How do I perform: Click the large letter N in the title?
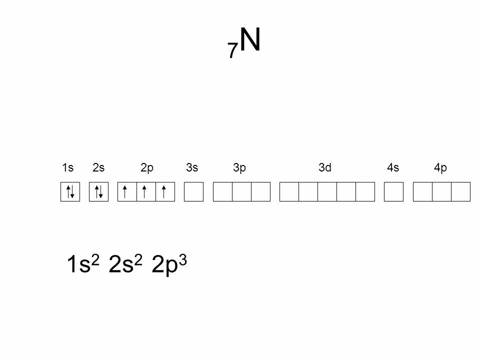(250, 40)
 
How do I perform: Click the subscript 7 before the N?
(232, 50)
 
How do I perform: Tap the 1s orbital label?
(68, 168)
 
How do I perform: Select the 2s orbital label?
(98, 168)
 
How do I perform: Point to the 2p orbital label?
(147, 168)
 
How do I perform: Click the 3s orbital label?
(192, 168)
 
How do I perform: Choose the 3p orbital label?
(239, 168)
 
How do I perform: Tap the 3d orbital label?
(325, 168)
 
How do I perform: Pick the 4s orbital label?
(393, 168)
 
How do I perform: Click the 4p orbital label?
(440, 168)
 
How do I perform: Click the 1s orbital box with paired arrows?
(70, 192)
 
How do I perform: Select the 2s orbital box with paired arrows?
(98, 192)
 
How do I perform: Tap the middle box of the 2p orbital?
(146, 192)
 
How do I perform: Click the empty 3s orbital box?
(194, 192)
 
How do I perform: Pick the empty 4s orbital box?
(393, 192)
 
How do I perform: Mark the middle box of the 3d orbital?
(327, 192)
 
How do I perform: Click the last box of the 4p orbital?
(460, 192)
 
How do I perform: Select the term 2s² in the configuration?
(125, 264)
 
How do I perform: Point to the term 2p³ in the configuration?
(169, 264)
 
